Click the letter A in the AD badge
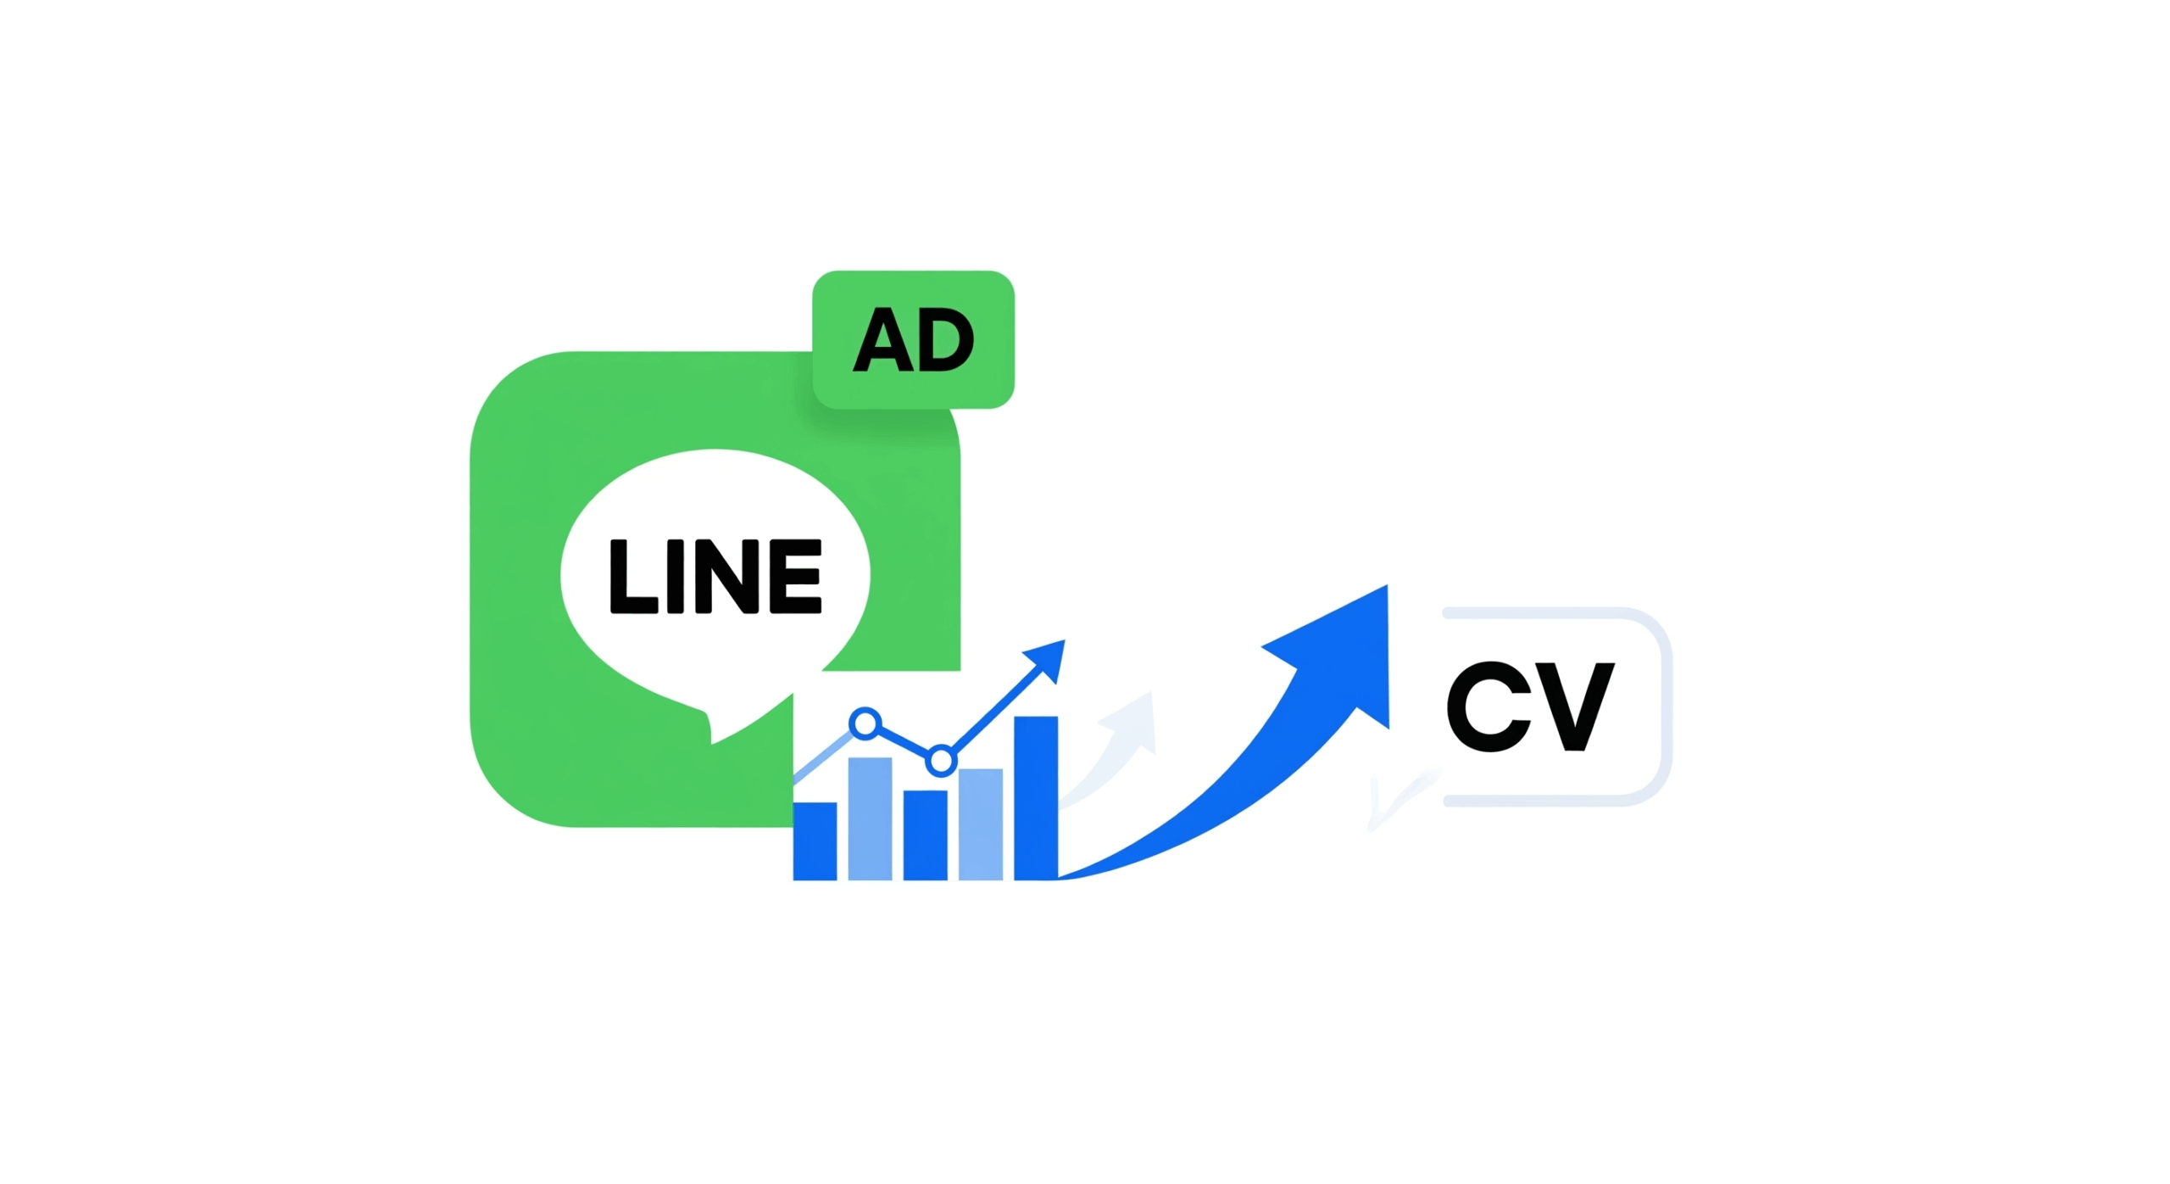[x=882, y=341]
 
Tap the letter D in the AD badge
[x=944, y=341]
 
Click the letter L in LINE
[x=632, y=577]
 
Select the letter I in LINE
[x=675, y=577]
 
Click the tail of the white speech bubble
[x=721, y=725]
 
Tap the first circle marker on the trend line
[x=865, y=723]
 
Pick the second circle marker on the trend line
[x=941, y=761]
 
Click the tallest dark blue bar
[x=1035, y=797]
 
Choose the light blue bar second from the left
[x=870, y=818]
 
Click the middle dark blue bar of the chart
[x=925, y=835]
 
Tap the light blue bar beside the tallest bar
[x=980, y=824]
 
